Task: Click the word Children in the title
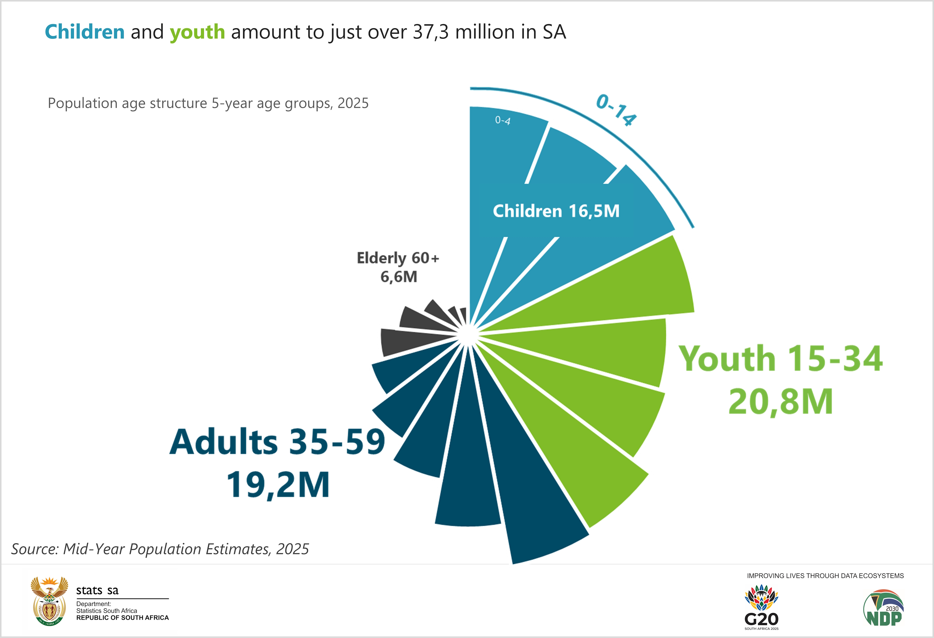point(84,32)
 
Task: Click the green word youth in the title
point(197,32)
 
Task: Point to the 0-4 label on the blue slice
point(502,120)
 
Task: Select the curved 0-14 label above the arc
point(616,110)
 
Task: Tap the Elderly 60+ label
point(398,258)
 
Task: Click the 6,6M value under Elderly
point(399,277)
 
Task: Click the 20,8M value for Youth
point(781,401)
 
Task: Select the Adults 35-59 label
point(277,442)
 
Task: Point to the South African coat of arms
point(49,601)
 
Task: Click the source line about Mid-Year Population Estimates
point(160,549)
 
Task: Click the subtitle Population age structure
point(208,103)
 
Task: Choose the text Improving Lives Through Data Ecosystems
point(825,576)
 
